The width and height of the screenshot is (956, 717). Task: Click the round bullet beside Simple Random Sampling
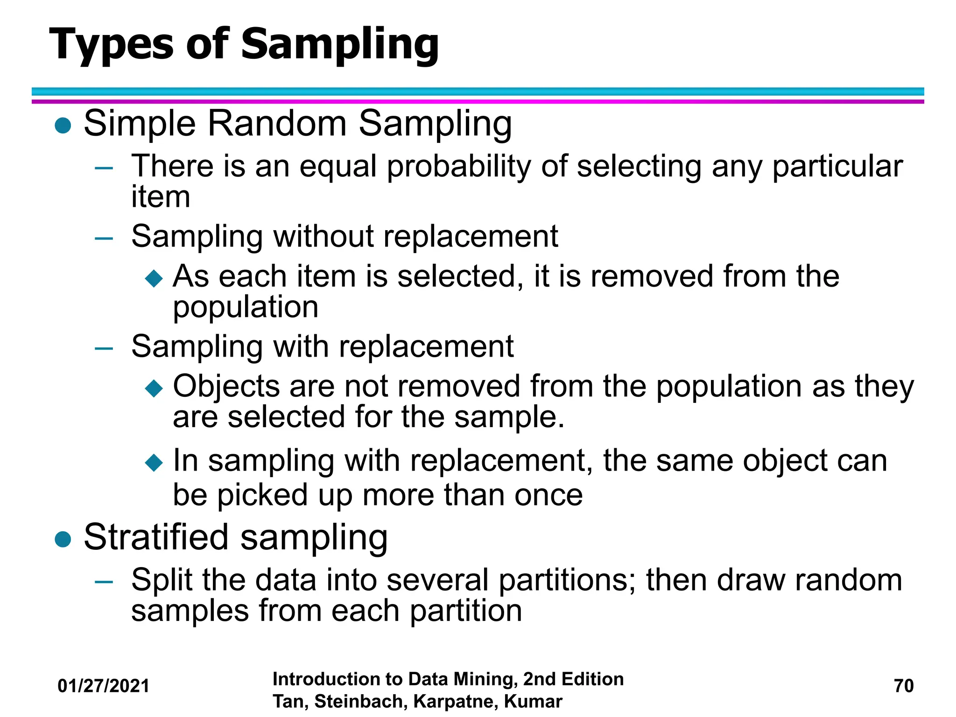click(63, 125)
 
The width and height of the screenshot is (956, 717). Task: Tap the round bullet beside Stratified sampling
click(63, 539)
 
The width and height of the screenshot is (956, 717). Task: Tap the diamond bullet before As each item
click(154, 278)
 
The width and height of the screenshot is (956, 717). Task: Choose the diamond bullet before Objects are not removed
click(154, 388)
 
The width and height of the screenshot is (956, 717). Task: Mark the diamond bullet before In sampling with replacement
click(154, 463)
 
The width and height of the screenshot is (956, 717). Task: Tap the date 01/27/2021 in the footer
click(103, 686)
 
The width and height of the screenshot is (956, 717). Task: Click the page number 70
click(903, 686)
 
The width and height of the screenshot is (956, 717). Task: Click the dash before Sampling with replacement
click(104, 348)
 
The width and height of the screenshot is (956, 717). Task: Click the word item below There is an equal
click(161, 197)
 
